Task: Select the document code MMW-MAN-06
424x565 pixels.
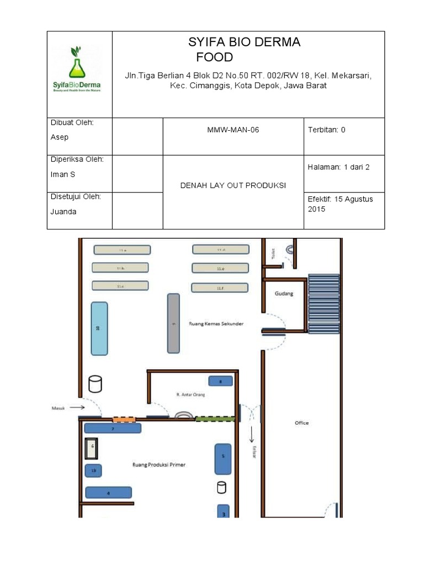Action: point(232,130)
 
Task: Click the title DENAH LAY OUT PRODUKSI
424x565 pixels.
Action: point(233,185)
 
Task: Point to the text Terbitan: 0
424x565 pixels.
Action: point(327,130)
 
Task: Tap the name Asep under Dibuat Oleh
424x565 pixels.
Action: point(60,137)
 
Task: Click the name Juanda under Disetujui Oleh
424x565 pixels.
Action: point(62,211)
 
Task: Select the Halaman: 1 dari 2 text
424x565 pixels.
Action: point(338,167)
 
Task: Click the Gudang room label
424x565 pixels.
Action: point(284,294)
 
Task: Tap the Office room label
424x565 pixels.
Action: point(301,423)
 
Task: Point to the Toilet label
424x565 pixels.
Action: point(272,253)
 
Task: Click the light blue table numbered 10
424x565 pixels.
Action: point(99,328)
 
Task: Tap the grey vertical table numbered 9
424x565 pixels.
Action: point(173,323)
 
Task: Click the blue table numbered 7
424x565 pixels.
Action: point(113,428)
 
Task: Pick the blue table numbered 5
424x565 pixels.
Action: point(223,459)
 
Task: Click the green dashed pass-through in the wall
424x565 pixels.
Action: point(215,419)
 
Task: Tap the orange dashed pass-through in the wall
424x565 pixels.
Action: point(124,419)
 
